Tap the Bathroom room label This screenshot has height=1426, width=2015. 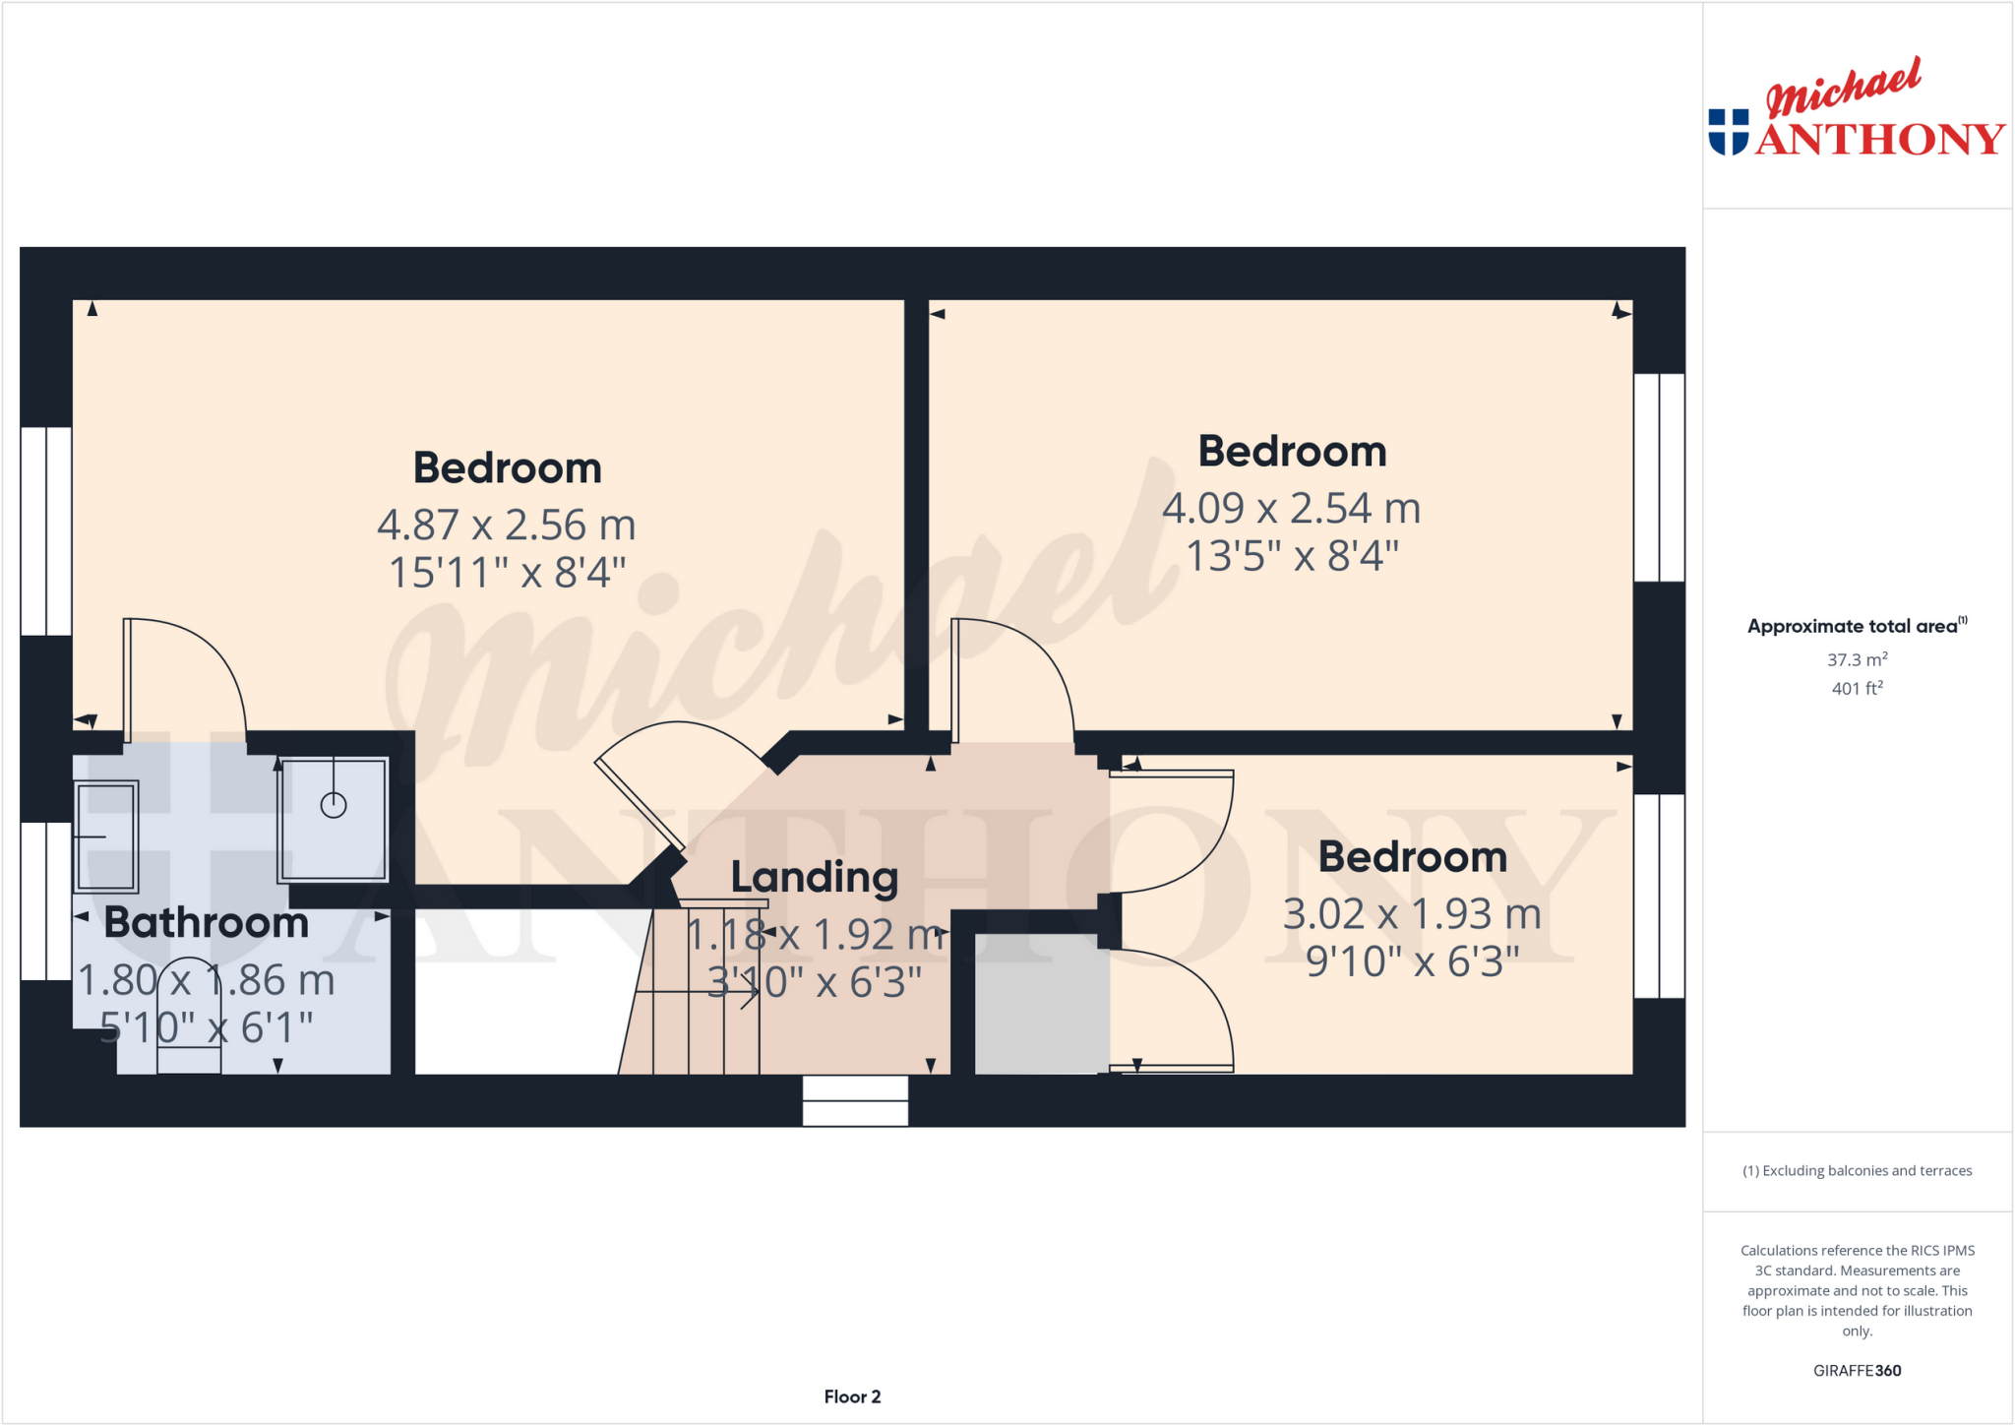click(207, 923)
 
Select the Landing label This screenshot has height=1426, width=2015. click(815, 877)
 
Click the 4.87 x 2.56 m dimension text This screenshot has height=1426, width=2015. click(507, 526)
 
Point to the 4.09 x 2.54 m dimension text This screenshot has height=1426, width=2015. click(1292, 509)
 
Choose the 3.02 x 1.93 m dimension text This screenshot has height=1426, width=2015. click(1412, 914)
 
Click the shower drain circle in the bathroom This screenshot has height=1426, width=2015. click(334, 806)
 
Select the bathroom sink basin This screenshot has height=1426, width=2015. click(106, 837)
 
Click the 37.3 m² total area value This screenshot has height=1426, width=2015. click(1857, 659)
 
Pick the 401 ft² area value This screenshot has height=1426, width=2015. click(1857, 689)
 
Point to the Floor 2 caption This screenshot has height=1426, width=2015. click(852, 1396)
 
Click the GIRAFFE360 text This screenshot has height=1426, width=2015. click(1857, 1370)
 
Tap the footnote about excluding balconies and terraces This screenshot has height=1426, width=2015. click(1857, 1171)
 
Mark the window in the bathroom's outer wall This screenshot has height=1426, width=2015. click(46, 901)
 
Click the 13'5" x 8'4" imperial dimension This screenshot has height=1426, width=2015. click(1292, 556)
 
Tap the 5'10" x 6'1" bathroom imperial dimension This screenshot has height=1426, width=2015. click(207, 1027)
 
